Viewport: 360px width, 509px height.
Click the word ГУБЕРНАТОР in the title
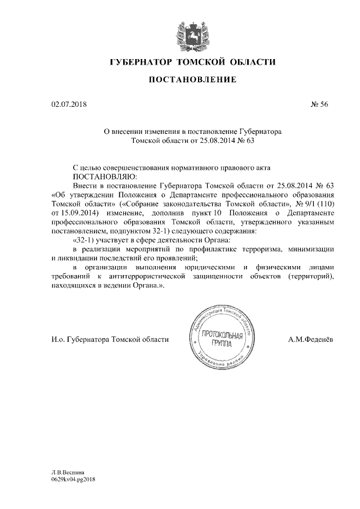tap(139, 61)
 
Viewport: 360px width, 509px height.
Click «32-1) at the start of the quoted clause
tap(86, 240)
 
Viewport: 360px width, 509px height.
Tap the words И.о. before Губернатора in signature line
tap(58, 340)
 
